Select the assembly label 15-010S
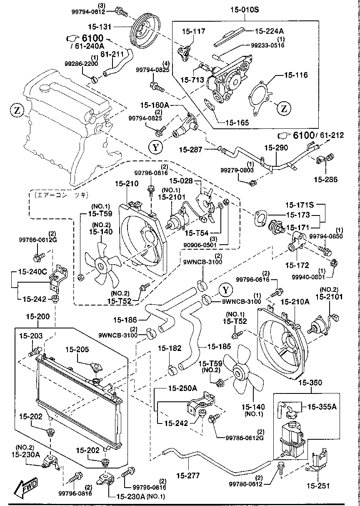coord(244,9)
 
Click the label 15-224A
coord(269,30)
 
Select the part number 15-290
coord(276,148)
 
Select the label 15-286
coord(326,180)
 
